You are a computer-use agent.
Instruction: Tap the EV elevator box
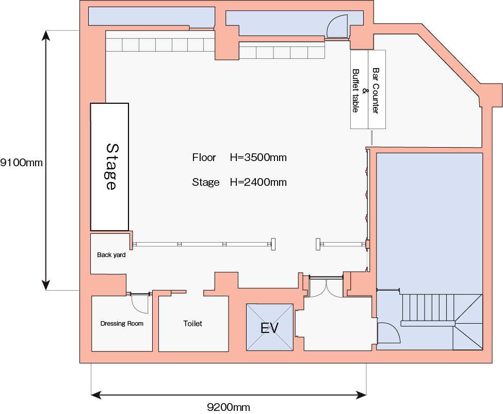coord(270,327)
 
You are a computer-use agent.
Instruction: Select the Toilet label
coord(193,324)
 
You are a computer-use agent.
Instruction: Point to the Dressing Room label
coord(122,324)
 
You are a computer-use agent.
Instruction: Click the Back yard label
coord(111,255)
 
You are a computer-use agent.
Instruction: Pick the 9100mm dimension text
coord(21,163)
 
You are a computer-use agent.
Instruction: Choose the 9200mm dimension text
coord(229,407)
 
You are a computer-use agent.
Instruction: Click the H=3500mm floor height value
coord(258,157)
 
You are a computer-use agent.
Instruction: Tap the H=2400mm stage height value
coord(258,182)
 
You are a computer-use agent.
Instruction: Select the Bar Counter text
coord(376,90)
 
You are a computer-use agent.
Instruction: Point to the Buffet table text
coord(356,90)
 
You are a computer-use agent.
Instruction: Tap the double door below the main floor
coord(326,286)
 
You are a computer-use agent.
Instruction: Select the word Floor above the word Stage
coord(204,157)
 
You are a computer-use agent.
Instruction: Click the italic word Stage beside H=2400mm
coord(206,182)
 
